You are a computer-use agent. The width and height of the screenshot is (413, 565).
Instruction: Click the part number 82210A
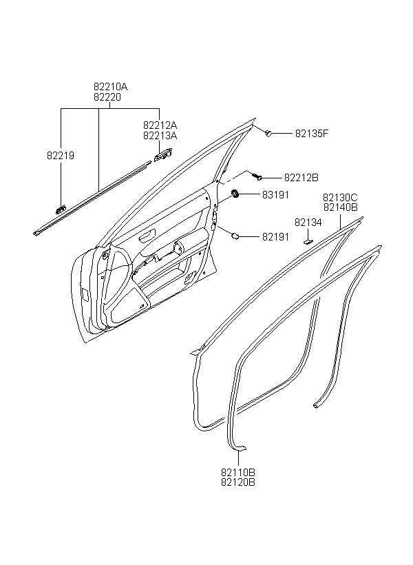(x=111, y=87)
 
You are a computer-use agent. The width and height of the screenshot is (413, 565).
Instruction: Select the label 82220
(x=107, y=97)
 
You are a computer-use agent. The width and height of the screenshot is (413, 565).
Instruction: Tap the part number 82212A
(x=160, y=125)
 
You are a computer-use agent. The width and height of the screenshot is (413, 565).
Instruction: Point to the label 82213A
(x=160, y=136)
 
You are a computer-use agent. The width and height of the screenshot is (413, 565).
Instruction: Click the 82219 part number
(x=61, y=156)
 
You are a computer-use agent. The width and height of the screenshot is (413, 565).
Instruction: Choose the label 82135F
(x=312, y=133)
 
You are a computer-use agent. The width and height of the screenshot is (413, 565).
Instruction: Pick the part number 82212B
(x=301, y=178)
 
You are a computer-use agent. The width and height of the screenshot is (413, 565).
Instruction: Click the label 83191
(x=275, y=195)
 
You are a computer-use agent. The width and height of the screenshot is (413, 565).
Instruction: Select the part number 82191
(x=275, y=237)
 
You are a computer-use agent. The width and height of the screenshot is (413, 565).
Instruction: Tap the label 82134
(x=308, y=223)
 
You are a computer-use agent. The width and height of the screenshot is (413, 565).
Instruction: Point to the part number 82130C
(x=340, y=198)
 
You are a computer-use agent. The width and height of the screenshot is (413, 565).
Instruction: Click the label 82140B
(x=340, y=207)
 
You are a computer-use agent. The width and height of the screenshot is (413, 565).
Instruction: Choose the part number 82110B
(x=238, y=472)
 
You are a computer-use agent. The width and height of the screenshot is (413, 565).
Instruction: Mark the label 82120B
(x=238, y=482)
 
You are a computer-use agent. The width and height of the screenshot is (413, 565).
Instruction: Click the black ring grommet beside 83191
(x=235, y=194)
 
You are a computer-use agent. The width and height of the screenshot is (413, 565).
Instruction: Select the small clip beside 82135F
(x=268, y=133)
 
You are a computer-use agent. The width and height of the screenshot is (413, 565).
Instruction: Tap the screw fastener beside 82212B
(x=257, y=176)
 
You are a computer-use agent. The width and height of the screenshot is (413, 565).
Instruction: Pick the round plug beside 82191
(x=235, y=236)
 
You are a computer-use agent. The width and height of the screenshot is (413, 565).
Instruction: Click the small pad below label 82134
(x=308, y=242)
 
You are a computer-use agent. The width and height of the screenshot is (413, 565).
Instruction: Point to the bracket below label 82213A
(x=162, y=155)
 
